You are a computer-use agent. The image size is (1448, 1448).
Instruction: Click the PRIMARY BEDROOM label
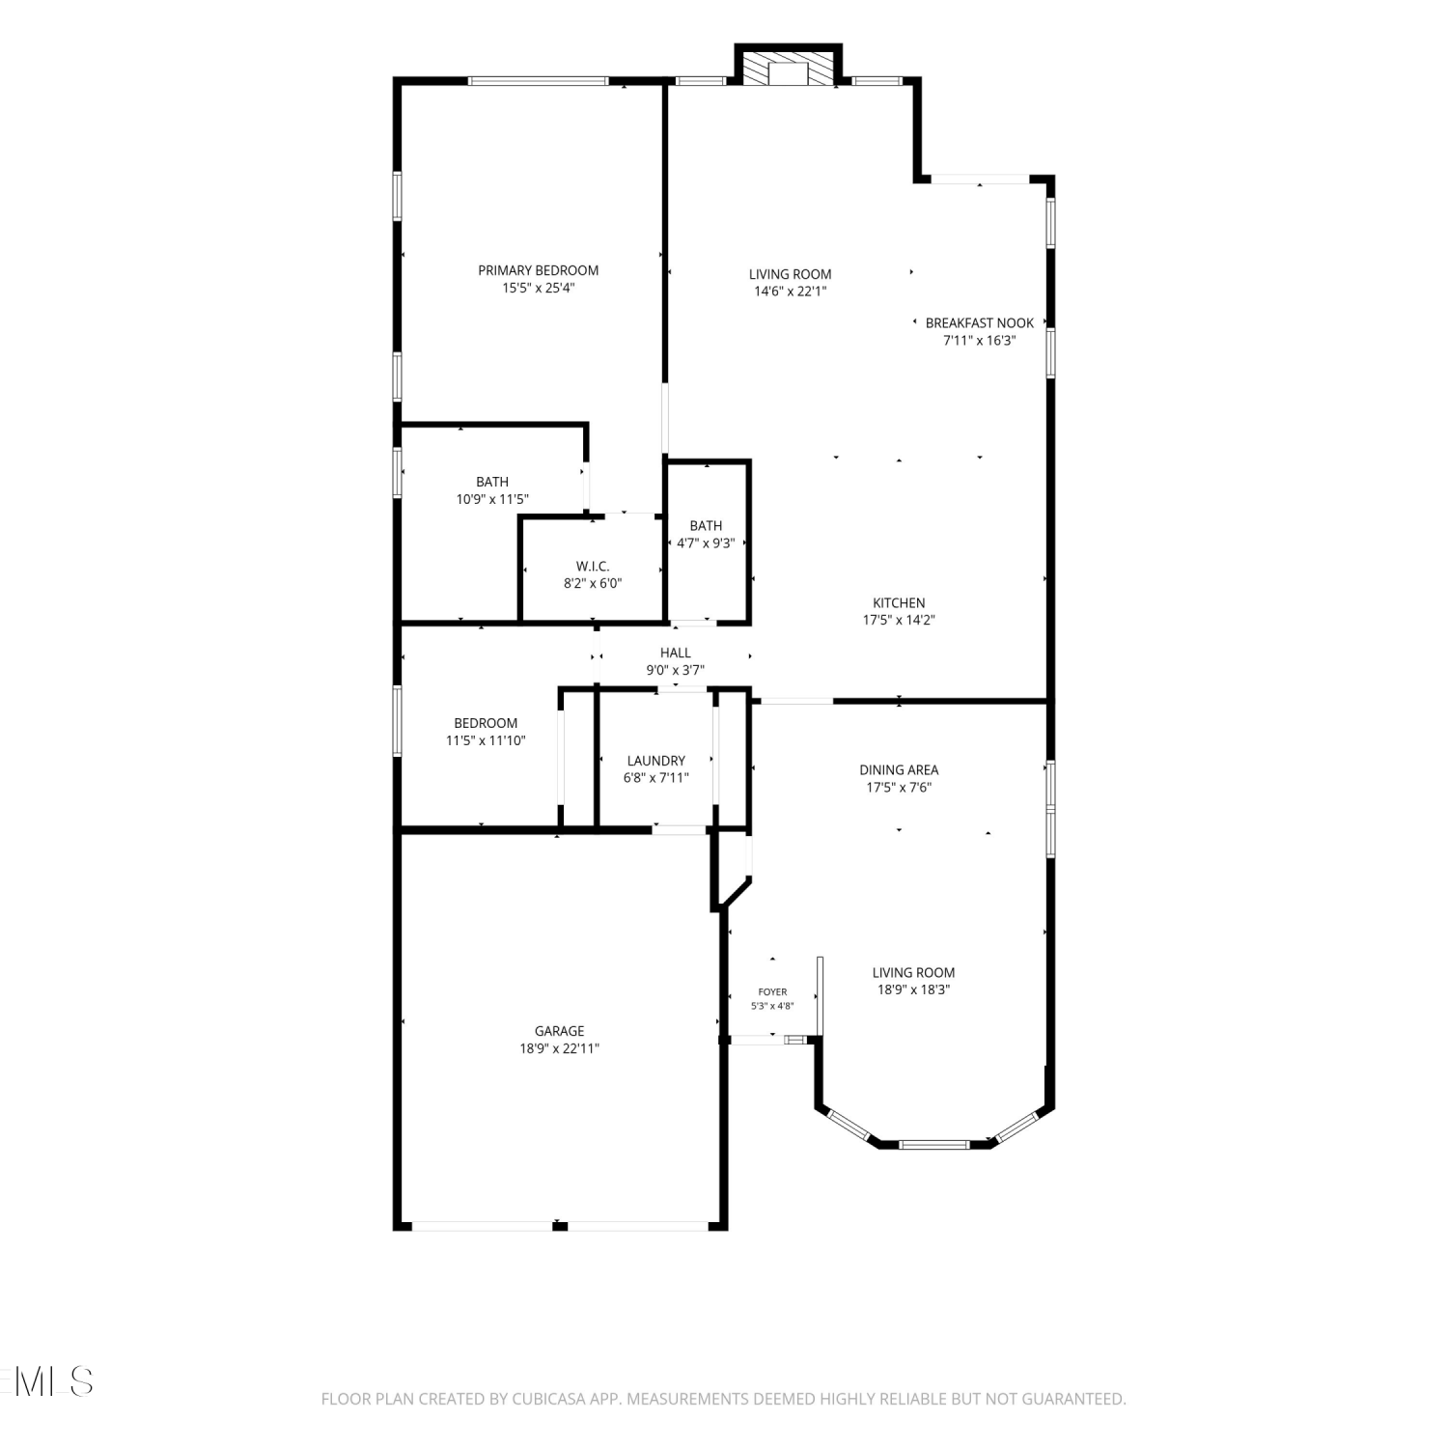point(538,270)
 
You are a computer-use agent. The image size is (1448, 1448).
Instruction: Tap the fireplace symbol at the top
point(788,68)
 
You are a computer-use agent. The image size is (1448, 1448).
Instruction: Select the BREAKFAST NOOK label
point(979,323)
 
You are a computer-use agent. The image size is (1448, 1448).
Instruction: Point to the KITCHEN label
point(899,603)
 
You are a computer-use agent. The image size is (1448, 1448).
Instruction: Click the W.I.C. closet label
point(593,567)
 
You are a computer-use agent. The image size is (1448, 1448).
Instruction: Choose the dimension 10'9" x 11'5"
point(492,499)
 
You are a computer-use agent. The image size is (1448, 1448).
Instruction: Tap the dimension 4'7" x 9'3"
point(706,543)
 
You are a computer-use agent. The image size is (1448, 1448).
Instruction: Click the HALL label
point(676,654)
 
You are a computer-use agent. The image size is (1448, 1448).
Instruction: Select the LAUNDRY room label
point(656,761)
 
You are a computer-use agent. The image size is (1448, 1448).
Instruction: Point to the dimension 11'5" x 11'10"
point(486,740)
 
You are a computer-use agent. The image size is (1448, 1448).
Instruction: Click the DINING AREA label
point(899,770)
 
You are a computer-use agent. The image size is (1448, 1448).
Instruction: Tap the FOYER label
point(772,991)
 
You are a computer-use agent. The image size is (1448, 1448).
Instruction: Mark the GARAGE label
point(560,1031)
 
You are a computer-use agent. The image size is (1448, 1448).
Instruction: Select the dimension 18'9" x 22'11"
point(560,1048)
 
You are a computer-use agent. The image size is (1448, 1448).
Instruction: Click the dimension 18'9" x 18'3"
point(913,989)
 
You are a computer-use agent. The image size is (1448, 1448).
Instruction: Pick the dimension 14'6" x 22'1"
point(791,292)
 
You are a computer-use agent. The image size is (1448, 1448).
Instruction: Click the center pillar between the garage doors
point(560,1225)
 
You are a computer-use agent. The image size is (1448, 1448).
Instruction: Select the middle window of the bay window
point(933,1145)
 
